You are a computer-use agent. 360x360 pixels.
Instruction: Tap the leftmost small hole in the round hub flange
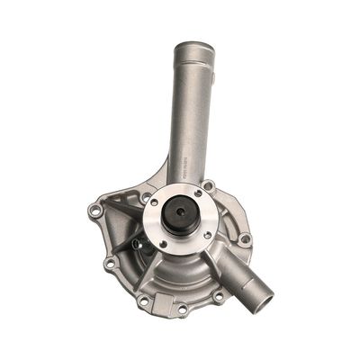tap(154, 203)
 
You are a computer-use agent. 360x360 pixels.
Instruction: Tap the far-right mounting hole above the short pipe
tap(244, 239)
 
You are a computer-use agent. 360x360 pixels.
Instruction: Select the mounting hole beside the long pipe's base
tap(208, 186)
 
